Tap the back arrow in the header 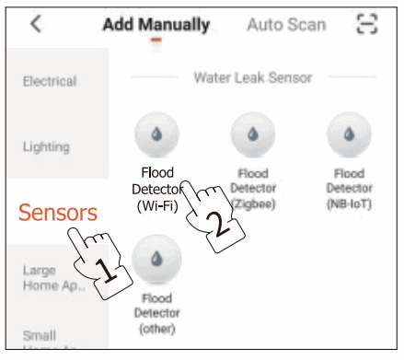[36, 24]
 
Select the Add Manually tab [156, 25]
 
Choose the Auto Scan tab [285, 25]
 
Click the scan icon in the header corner [366, 25]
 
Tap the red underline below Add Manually [156, 41]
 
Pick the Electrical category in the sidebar [50, 82]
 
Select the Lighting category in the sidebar [46, 146]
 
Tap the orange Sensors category [57, 213]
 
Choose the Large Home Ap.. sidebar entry [51, 277]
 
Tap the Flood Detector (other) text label [157, 313]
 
